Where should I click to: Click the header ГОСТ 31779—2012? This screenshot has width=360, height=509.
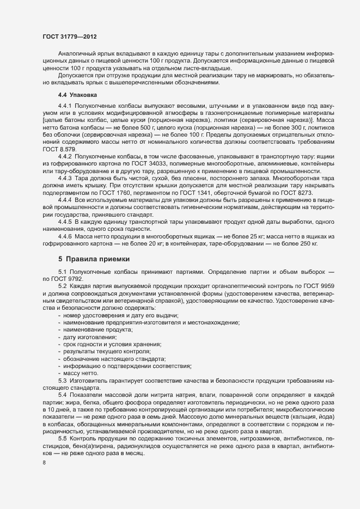pyautogui.click(x=70, y=36)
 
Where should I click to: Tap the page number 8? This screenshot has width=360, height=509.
pyautogui.click(x=44, y=463)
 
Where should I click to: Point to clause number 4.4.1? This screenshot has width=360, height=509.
pyautogui.click(x=65, y=104)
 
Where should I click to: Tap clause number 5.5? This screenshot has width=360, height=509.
pyautogui.click(x=62, y=438)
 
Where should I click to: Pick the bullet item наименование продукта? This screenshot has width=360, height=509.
pyautogui.click(x=98, y=330)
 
